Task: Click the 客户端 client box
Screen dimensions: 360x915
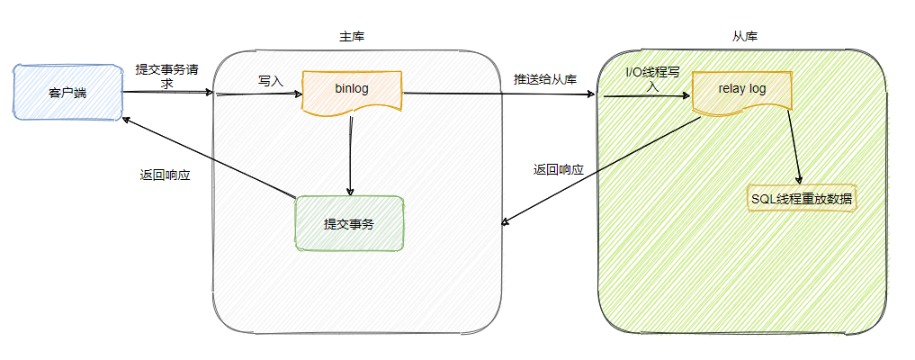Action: [x=67, y=92]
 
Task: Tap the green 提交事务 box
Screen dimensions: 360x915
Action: [x=349, y=223]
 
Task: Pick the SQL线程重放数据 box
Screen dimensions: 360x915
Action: [x=802, y=198]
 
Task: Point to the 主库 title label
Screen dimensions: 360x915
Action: [x=352, y=37]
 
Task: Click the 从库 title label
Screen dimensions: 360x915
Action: [x=745, y=37]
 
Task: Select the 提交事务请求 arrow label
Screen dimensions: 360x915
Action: [x=166, y=76]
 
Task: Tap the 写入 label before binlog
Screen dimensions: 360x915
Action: [x=271, y=81]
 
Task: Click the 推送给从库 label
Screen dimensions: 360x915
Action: [x=544, y=78]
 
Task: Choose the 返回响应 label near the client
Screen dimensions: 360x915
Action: [x=165, y=175]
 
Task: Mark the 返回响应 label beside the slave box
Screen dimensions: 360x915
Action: [x=559, y=169]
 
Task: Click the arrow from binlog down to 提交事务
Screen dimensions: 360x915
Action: [x=350, y=157]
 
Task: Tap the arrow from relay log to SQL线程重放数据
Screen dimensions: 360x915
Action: [x=794, y=148]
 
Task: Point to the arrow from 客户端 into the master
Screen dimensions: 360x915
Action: [x=167, y=92]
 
